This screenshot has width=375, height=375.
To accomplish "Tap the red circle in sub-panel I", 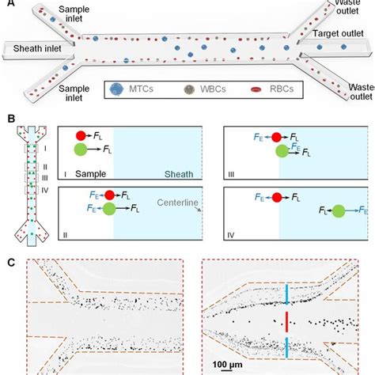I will point(81,135).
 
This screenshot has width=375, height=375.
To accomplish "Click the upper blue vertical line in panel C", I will point(286,294).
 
